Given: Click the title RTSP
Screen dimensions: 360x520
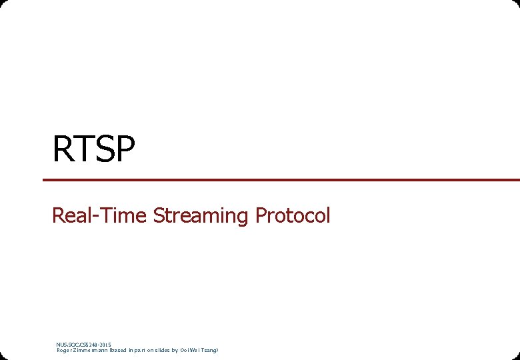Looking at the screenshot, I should click(94, 149).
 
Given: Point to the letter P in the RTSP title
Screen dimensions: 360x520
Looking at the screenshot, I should click(125, 149).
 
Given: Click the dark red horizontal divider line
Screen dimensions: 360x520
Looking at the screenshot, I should click(280, 180).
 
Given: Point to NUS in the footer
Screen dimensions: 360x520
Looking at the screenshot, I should click(61, 345).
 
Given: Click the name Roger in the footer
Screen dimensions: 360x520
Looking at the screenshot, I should click(64, 350).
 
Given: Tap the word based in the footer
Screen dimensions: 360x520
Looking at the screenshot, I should click(121, 350).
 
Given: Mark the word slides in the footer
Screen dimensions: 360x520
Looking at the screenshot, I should click(163, 350).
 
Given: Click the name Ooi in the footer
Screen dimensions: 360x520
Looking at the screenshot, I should click(185, 350).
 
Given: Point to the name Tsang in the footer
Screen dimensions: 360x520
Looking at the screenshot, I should click(211, 350).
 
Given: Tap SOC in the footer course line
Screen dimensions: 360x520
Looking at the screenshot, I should click(72, 345).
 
